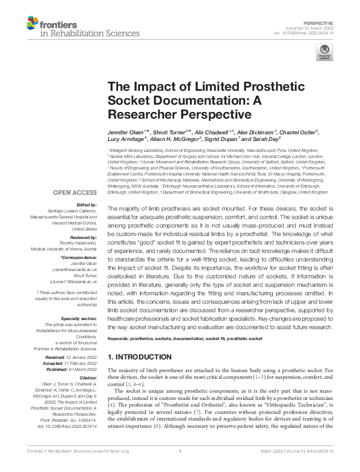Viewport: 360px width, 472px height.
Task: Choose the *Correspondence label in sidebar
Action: point(79,240)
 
